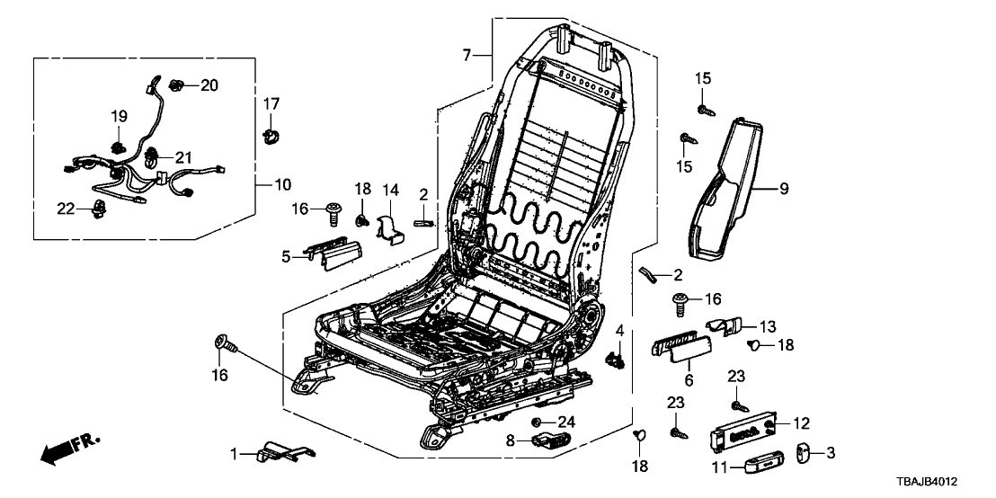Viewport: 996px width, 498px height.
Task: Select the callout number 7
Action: point(467,57)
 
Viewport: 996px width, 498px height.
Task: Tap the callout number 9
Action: point(782,190)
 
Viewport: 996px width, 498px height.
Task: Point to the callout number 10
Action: point(282,185)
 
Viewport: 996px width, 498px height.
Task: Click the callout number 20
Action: point(209,85)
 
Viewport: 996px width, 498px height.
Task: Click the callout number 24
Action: point(565,422)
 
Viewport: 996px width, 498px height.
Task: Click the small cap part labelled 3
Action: point(805,453)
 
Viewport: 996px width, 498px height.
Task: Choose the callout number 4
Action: point(619,333)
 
